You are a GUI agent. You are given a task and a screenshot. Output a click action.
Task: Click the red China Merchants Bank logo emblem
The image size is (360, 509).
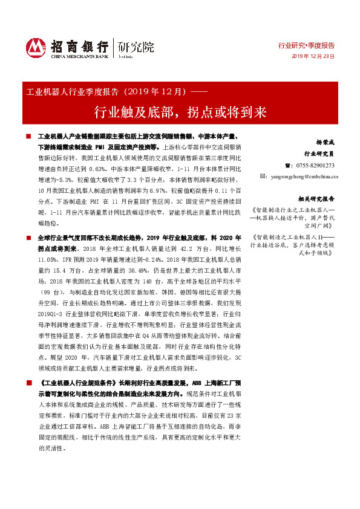pyautogui.click(x=36, y=48)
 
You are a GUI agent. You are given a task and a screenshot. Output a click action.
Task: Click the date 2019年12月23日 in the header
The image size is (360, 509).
pyautogui.click(x=313, y=56)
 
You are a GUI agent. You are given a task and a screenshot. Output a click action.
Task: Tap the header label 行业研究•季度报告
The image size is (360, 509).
pyautogui.click(x=306, y=45)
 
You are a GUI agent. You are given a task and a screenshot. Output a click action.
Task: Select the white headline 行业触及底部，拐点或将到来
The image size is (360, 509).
pyautogui.click(x=180, y=112)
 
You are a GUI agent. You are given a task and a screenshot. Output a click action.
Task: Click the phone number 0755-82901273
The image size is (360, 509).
pyautogui.click(x=315, y=165)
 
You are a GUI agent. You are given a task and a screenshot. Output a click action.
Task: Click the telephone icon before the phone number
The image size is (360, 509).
pyautogui.click(x=287, y=165)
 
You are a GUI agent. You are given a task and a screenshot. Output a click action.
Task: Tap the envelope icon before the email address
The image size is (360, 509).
pyautogui.click(x=263, y=176)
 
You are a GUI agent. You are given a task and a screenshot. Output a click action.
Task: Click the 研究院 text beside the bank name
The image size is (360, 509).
pyautogui.click(x=136, y=47)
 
